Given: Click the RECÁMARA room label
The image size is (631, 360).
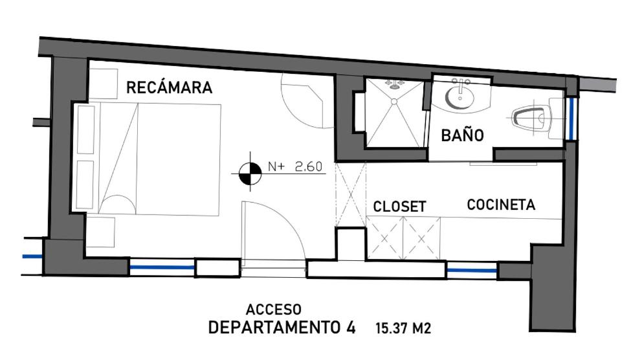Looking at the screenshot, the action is [169, 87].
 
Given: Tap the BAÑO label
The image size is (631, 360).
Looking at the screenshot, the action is [462, 135].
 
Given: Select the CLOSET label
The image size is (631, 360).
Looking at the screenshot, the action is [399, 207].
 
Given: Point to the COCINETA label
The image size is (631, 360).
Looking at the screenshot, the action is [501, 205].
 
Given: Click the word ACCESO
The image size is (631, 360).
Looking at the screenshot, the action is [273, 309].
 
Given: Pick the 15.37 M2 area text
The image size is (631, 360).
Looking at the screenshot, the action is [403, 328].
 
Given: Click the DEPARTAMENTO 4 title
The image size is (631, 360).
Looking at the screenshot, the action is [282, 328].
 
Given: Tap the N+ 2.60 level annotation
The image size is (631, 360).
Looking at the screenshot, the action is [295, 166].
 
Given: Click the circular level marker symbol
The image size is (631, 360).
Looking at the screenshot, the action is [250, 174].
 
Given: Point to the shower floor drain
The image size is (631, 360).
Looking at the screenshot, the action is [394, 102].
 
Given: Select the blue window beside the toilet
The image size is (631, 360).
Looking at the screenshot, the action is [571, 118].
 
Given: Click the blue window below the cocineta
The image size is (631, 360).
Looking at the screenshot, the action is [472, 271].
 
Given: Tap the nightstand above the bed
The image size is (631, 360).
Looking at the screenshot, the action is [103, 84].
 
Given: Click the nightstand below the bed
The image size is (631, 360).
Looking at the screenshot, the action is [100, 232].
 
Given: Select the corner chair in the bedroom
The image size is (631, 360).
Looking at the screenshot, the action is [307, 100].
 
